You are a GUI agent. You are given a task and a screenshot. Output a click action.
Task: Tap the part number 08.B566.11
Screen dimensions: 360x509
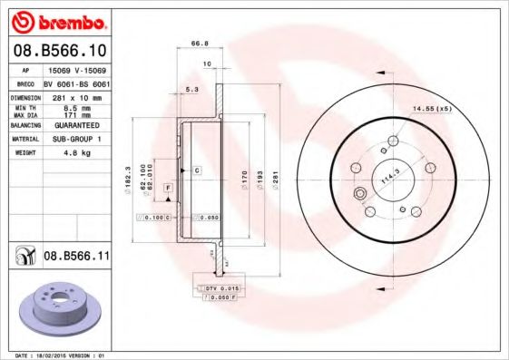(x=77, y=257)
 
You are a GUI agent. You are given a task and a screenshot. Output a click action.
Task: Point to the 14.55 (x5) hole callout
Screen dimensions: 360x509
(x=432, y=109)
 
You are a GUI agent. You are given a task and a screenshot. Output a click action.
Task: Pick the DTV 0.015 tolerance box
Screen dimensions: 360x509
(x=219, y=287)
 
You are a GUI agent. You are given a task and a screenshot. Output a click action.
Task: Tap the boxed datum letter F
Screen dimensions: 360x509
(x=167, y=187)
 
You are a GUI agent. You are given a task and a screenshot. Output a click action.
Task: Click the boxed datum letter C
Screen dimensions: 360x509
(x=196, y=170)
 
